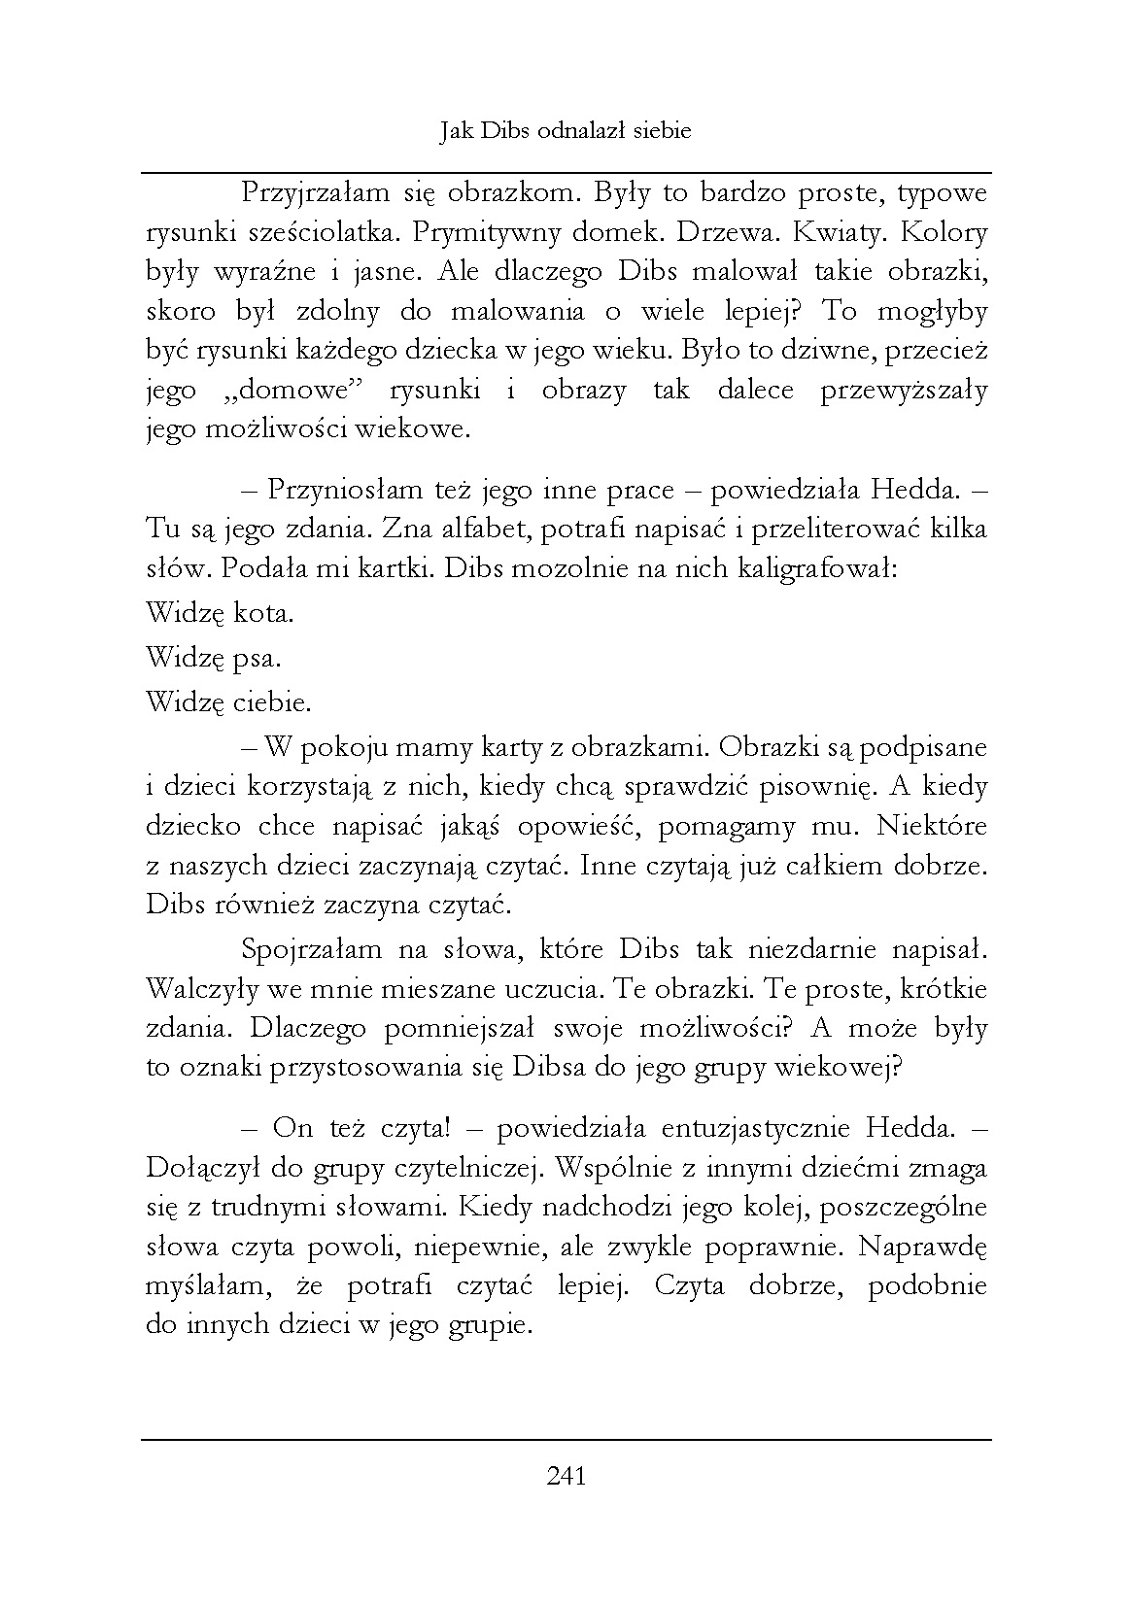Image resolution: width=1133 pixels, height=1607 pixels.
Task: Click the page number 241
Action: point(566,1477)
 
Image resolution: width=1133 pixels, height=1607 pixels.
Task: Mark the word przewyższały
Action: point(904,392)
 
